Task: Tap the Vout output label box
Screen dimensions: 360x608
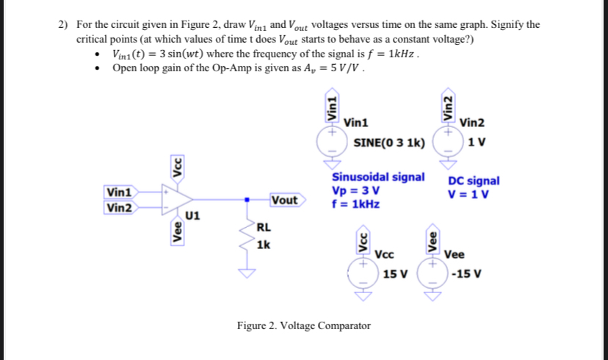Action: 283,200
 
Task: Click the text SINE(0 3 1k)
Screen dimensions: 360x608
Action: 388,142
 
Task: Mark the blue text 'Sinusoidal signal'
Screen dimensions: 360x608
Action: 378,177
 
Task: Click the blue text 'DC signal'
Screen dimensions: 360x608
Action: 474,181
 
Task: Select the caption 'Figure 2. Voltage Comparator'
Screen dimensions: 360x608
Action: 303,325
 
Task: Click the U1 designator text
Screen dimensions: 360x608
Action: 192,216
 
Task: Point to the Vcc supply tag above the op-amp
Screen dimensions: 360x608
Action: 176,167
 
